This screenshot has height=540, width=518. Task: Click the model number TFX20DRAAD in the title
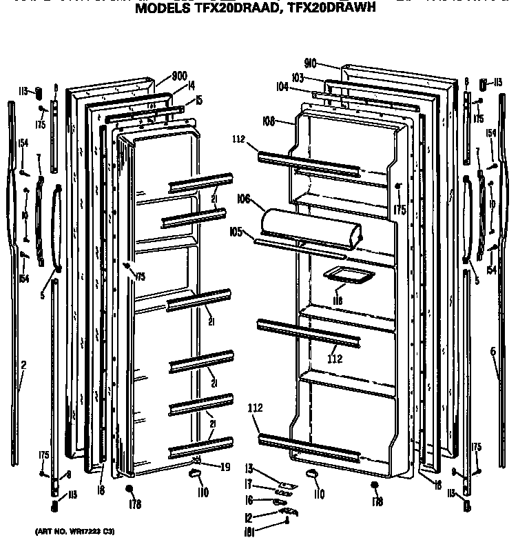point(226,12)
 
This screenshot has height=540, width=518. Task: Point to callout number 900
point(180,76)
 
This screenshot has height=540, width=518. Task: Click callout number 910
point(309,63)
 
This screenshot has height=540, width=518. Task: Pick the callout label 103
point(298,79)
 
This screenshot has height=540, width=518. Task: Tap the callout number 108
point(268,121)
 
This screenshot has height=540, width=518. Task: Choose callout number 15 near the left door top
point(198,101)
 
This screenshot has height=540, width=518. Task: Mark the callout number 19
point(225,467)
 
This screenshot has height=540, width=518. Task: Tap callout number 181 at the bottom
point(248,530)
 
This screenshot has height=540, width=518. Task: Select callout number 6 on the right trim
point(493,352)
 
